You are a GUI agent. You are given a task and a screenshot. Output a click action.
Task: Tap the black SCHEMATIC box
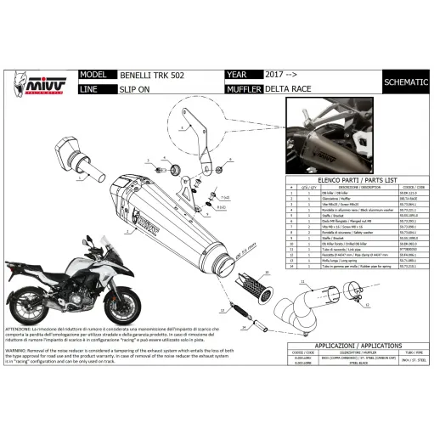(406, 82)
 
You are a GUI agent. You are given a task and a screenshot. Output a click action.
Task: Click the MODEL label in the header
(92, 75)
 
